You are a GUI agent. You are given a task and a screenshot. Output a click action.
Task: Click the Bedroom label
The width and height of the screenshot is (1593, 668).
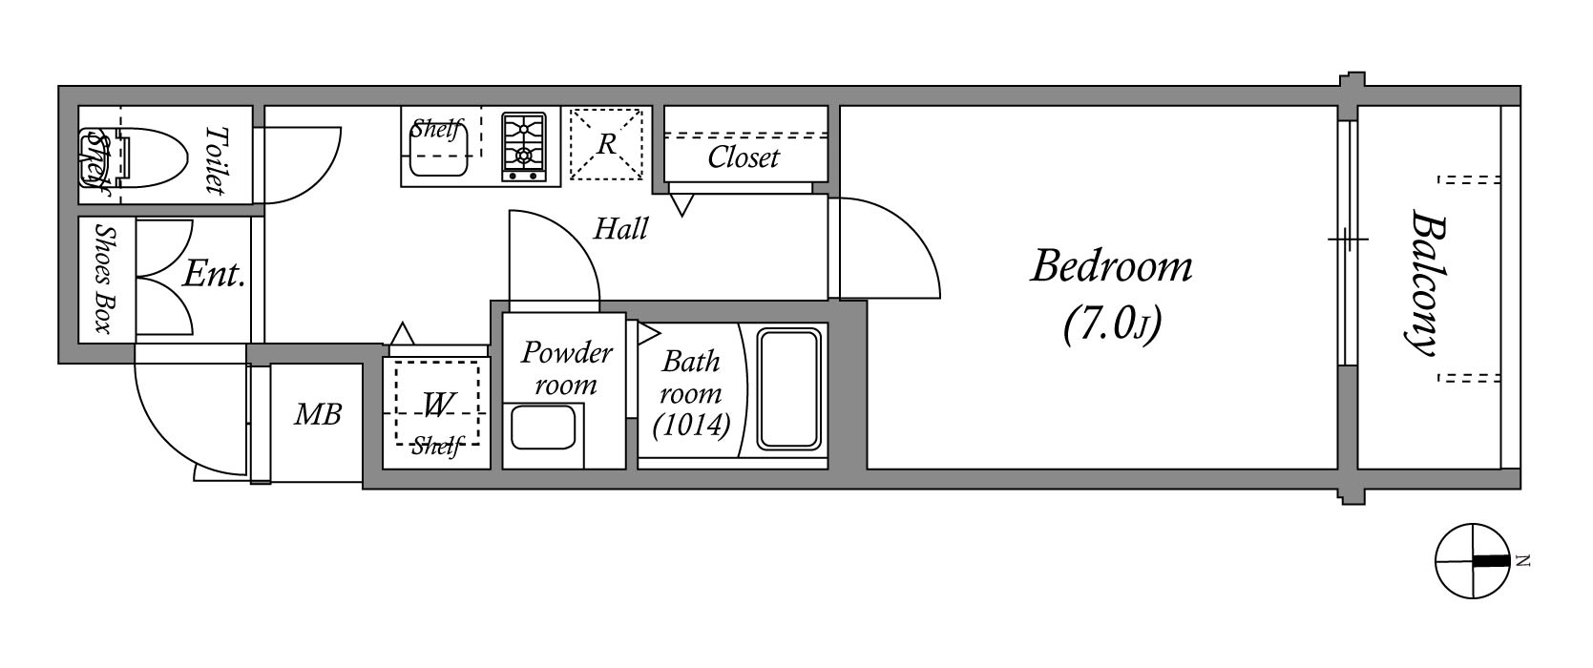click(x=1112, y=267)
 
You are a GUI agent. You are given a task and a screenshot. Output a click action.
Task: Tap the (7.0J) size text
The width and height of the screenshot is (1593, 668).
click(x=1111, y=326)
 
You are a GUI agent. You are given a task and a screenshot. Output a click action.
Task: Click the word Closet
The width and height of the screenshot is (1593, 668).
click(x=744, y=157)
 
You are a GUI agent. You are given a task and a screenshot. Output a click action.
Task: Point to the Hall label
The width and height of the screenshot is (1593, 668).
click(x=620, y=229)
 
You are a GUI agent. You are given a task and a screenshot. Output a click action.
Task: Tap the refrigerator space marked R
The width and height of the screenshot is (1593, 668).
click(x=607, y=144)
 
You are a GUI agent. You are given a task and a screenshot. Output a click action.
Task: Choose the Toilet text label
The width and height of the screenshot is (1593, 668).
click(x=217, y=159)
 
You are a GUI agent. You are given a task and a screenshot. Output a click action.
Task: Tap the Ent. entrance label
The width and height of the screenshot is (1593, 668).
click(x=214, y=276)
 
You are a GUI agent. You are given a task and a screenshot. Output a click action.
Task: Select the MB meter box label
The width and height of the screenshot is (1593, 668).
click(x=318, y=414)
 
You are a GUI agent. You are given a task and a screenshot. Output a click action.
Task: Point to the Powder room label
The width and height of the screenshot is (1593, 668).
click(x=565, y=368)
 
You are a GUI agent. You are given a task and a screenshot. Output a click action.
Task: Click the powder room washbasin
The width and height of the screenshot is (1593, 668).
click(x=545, y=428)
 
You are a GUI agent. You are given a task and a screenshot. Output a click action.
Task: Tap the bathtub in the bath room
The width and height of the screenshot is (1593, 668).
click(x=788, y=388)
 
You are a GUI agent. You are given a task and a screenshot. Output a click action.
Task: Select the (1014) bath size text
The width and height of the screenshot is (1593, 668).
click(x=692, y=425)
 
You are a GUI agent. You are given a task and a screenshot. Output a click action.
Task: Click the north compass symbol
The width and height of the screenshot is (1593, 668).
click(x=1474, y=561)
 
